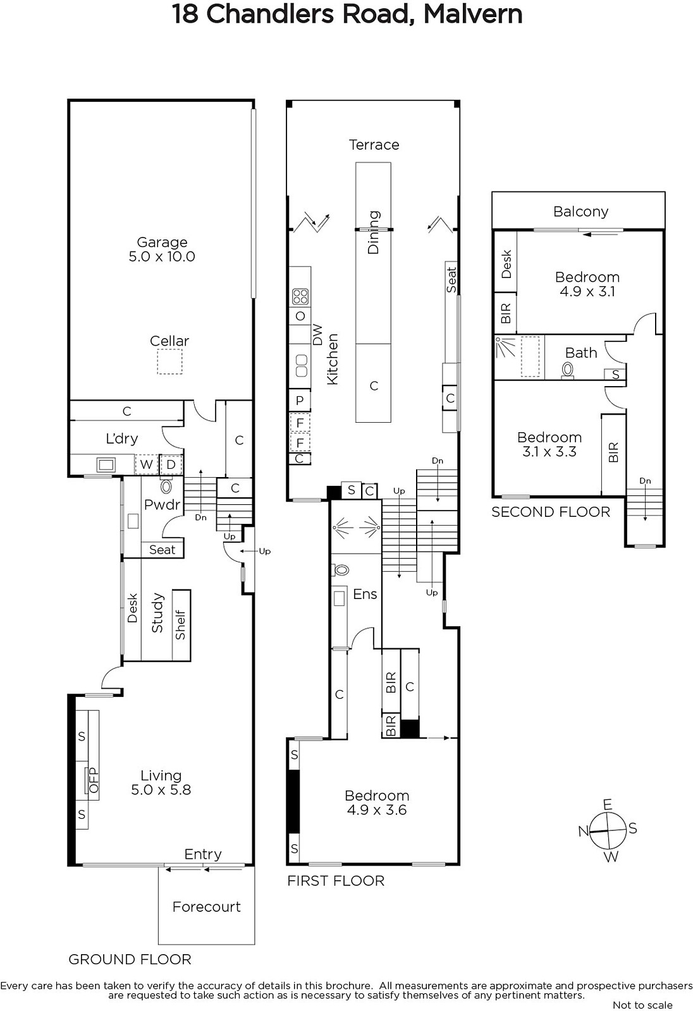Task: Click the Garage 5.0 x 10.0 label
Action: click(162, 249)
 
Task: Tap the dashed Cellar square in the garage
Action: click(169, 361)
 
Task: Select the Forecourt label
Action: click(207, 907)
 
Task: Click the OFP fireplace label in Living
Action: click(94, 780)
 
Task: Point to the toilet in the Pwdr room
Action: click(166, 487)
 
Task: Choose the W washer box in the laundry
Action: click(146, 464)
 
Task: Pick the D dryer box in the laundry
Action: click(171, 464)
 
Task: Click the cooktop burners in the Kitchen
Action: click(300, 296)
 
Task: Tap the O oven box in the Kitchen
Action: click(300, 316)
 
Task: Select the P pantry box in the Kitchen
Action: click(300, 401)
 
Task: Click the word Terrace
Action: click(374, 145)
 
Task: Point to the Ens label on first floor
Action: click(365, 594)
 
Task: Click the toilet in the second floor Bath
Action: click(567, 371)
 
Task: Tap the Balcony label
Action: click(581, 212)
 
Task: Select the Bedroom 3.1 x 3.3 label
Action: click(549, 444)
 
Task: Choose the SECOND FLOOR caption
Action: click(551, 512)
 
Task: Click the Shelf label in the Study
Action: click(181, 625)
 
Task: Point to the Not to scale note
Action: click(642, 1005)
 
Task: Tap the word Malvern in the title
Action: click(473, 14)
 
